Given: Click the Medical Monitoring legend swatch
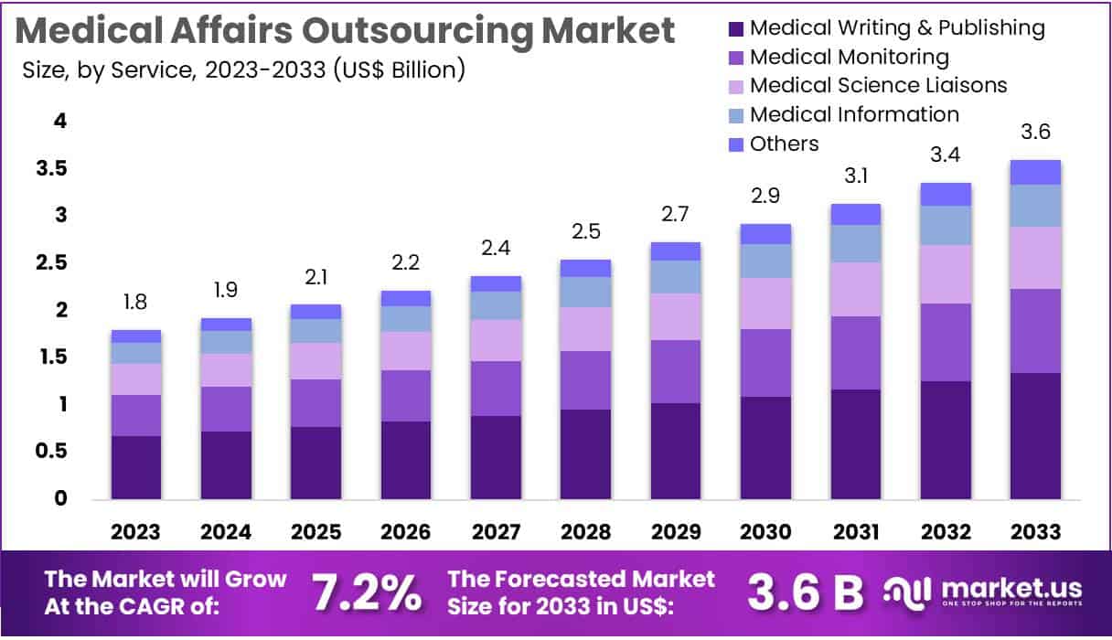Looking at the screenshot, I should (736, 58).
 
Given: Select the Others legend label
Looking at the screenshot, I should (784, 144).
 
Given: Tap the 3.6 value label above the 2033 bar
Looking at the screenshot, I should (1035, 133).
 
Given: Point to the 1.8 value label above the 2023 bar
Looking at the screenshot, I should (136, 303).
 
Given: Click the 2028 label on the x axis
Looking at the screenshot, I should (586, 532).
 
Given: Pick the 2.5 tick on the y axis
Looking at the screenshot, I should (54, 263).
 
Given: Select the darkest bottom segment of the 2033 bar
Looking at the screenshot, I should (1035, 435).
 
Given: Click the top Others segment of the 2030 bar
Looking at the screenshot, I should (766, 233).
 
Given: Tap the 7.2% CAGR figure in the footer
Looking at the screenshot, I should (368, 593).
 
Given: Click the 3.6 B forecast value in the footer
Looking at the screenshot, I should (805, 593).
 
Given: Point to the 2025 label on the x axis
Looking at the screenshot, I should (316, 532).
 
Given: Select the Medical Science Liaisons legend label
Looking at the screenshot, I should (878, 86).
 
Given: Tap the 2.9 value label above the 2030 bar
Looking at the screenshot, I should (766, 197).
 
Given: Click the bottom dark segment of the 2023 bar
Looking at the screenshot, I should (136, 467).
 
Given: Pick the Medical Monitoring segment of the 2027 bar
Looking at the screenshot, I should (497, 389).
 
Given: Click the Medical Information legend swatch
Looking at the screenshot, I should (736, 115).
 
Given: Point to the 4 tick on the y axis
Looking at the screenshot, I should (60, 122).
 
